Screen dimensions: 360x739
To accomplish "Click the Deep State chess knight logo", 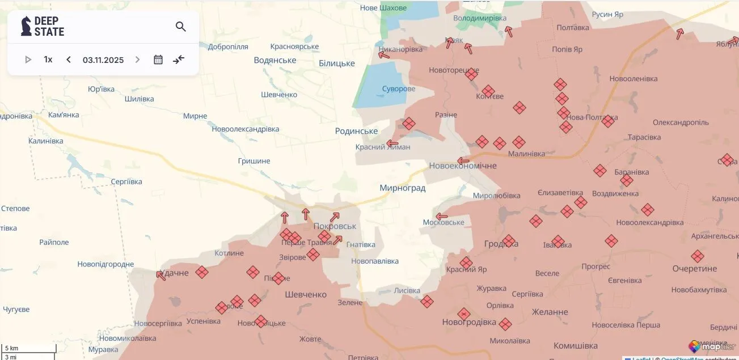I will (26, 26).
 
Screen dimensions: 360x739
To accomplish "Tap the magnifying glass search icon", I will (181, 27).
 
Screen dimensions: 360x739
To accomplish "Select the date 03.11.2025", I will (103, 60).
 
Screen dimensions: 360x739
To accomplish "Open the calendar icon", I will (158, 60).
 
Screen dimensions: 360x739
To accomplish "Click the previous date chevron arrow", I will (69, 60).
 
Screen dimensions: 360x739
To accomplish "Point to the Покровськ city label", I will (335, 226).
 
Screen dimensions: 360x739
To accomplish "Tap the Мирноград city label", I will (402, 188).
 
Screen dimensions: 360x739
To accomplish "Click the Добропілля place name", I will (228, 47).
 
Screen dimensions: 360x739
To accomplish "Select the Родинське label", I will (356, 131).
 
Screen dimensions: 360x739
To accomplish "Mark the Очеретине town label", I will (694, 268).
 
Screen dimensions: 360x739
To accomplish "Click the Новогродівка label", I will (469, 323).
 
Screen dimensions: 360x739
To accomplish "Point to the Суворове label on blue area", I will (398, 89).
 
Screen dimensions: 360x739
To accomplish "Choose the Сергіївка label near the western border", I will (126, 181).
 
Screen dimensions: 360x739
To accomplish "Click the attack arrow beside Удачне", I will (161, 276).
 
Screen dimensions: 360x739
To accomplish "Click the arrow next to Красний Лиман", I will (392, 143).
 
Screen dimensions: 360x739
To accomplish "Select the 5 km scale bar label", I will (12, 348).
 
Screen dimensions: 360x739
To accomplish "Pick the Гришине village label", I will (254, 161).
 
